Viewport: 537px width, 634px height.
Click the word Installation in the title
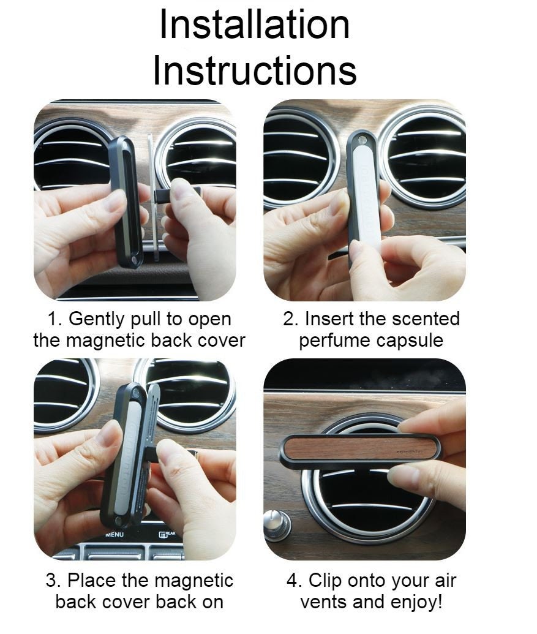pos(255,25)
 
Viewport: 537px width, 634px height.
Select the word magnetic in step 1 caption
pos(105,341)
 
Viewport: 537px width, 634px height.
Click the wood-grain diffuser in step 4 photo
pos(359,451)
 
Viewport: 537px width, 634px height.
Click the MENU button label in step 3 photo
pos(115,535)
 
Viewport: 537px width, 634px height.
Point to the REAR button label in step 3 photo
pos(170,534)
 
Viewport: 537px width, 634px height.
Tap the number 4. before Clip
pos(295,581)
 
